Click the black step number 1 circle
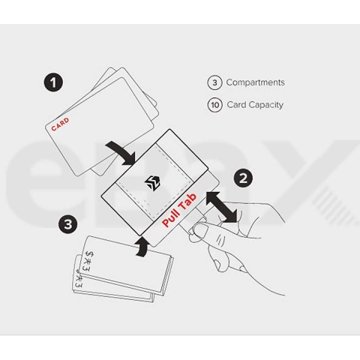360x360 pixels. [53, 82]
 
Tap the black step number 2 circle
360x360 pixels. [243, 178]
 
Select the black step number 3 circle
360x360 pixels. [68, 224]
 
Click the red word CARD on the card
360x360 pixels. [60, 124]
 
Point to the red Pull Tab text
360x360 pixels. [179, 209]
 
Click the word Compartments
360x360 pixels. [255, 82]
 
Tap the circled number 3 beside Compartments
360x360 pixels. [214, 82]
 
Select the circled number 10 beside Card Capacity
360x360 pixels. [214, 105]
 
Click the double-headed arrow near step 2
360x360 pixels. [221, 207]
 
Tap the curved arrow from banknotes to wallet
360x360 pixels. [143, 247]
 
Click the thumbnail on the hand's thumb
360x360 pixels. [202, 229]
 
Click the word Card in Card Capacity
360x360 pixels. [236, 105]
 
